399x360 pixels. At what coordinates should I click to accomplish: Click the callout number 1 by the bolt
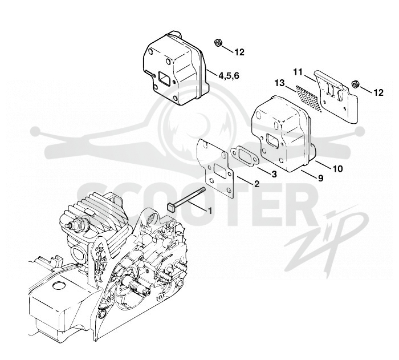[210, 211]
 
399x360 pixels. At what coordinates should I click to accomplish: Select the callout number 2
[256, 184]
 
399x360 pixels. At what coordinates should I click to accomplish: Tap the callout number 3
[274, 174]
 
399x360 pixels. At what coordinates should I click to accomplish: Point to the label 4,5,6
[229, 75]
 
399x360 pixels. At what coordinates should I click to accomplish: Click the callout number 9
[320, 178]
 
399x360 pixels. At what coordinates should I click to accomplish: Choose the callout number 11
[298, 72]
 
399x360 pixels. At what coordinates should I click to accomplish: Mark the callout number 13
[280, 83]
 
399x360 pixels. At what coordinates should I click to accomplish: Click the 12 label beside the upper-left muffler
[239, 52]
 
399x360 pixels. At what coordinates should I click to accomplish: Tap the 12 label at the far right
[378, 92]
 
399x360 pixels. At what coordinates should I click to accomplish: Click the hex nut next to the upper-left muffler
[218, 43]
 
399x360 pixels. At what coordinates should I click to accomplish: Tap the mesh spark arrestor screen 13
[309, 99]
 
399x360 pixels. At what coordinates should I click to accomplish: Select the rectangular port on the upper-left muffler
[164, 76]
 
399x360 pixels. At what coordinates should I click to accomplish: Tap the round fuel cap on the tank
[60, 285]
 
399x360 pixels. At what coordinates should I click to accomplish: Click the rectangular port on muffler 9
[272, 141]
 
